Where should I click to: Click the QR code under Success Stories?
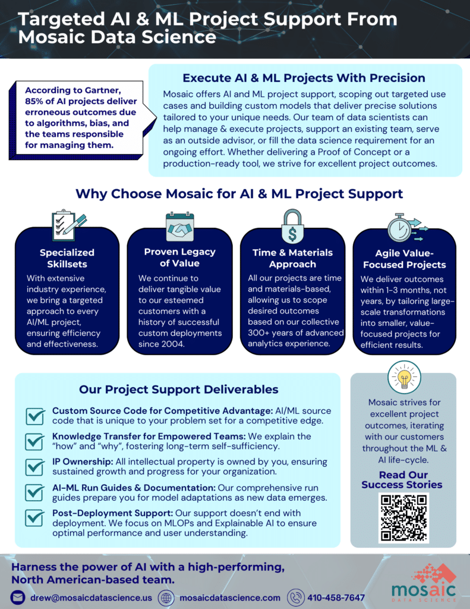click(x=403, y=518)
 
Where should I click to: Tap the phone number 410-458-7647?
click(x=336, y=598)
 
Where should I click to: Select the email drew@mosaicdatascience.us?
click(x=91, y=598)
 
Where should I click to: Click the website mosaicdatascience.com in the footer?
click(x=230, y=598)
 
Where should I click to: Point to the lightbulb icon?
click(x=404, y=377)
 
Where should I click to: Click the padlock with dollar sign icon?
click(x=292, y=227)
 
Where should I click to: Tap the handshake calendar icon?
click(x=179, y=227)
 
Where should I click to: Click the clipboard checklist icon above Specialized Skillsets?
click(x=68, y=225)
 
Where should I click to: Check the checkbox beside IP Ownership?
click(x=35, y=467)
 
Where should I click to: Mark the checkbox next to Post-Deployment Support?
click(x=35, y=518)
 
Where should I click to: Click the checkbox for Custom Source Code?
click(x=35, y=416)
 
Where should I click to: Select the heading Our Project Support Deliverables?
click(x=178, y=390)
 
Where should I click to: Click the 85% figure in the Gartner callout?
click(x=34, y=101)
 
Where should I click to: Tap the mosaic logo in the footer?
click(x=424, y=583)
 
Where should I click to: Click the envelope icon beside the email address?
click(x=17, y=597)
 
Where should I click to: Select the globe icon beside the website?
click(x=166, y=598)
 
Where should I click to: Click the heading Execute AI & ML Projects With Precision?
click(x=304, y=78)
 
